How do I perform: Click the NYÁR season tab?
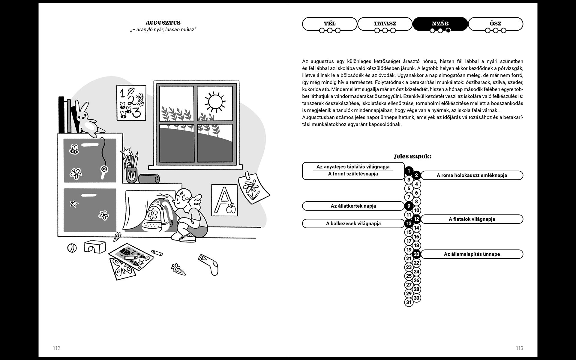pyautogui.click(x=440, y=23)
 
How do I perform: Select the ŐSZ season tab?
pyautogui.click(x=495, y=23)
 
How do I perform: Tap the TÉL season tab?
pyautogui.click(x=330, y=23)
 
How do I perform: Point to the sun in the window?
pyautogui.click(x=214, y=101)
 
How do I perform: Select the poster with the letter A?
pyautogui.click(x=224, y=200)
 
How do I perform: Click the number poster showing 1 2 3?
pyautogui.click(x=131, y=103)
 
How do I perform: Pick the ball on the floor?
pyautogui.click(x=72, y=248)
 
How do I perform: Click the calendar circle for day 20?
pyautogui.click(x=416, y=254)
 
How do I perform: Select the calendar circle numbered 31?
pyautogui.click(x=409, y=302)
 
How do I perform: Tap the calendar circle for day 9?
pyautogui.click(x=409, y=206)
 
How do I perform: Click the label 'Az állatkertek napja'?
pyautogui.click(x=353, y=206)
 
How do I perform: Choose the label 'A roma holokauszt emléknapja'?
pyautogui.click(x=472, y=175)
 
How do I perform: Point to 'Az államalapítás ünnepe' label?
pyautogui.click(x=472, y=254)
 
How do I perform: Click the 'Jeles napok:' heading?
pyautogui.click(x=412, y=157)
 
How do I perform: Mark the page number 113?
pyautogui.click(x=519, y=348)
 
